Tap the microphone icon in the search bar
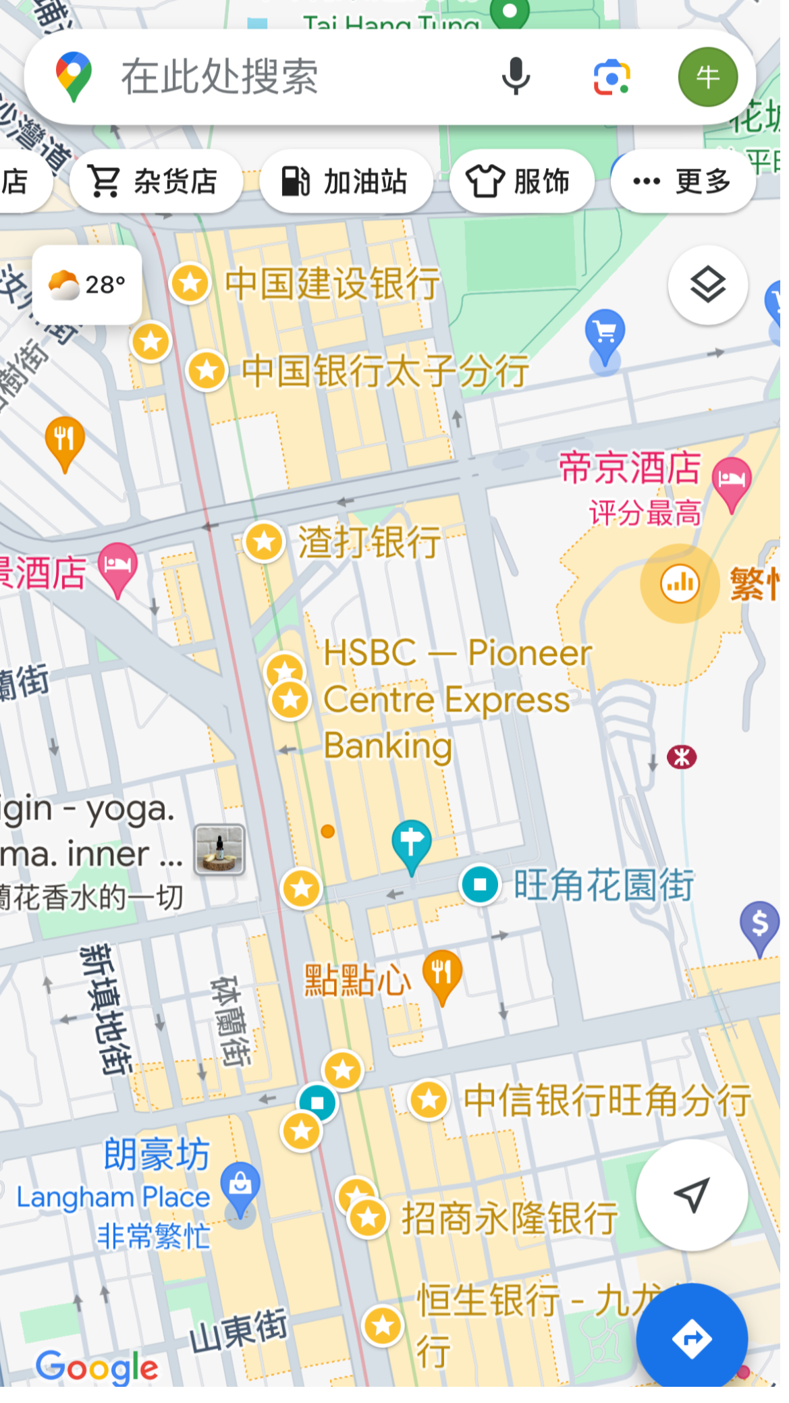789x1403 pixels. (516, 76)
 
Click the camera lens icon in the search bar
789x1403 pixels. (611, 76)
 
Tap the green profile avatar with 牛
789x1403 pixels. (707, 77)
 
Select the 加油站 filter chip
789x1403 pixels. (346, 182)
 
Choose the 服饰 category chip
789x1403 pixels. (521, 182)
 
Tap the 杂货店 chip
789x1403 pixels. (155, 182)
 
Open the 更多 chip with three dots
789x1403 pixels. (682, 181)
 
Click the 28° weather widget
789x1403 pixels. (87, 285)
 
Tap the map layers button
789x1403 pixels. (707, 285)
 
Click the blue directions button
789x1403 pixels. (692, 1339)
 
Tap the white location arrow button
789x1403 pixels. (692, 1194)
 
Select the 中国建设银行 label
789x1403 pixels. (332, 283)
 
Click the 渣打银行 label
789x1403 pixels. (369, 542)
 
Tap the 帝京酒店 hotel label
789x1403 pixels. (630, 468)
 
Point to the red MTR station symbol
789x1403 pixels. (682, 757)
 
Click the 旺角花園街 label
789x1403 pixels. (603, 885)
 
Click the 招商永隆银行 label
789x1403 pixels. (510, 1218)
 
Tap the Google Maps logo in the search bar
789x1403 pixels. (74, 77)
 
